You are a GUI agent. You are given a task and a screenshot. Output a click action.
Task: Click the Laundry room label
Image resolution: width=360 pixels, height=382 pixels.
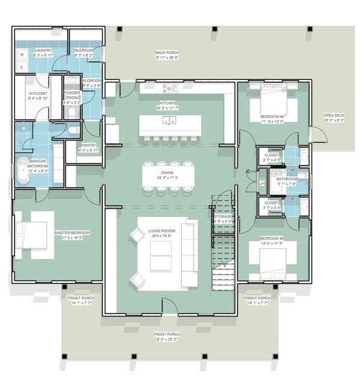(x=43, y=50)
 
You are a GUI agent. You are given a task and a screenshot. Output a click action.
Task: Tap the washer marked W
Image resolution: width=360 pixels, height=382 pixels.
(x=22, y=55)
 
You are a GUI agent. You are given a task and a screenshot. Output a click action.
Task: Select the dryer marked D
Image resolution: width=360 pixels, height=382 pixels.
(x=22, y=67)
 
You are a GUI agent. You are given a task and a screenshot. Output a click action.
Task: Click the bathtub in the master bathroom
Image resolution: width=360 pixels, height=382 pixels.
(x=23, y=170)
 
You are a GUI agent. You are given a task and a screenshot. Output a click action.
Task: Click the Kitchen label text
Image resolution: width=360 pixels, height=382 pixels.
(x=167, y=103)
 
